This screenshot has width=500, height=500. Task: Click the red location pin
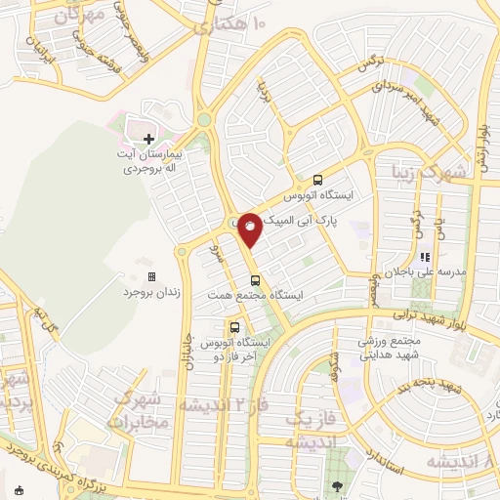(250, 229)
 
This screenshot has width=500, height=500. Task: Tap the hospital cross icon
(148, 139)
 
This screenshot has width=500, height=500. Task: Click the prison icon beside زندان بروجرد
(150, 277)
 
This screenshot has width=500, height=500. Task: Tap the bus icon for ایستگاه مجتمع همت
(256, 280)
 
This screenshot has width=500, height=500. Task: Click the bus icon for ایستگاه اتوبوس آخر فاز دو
(234, 327)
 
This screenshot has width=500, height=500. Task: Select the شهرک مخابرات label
(141, 411)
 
